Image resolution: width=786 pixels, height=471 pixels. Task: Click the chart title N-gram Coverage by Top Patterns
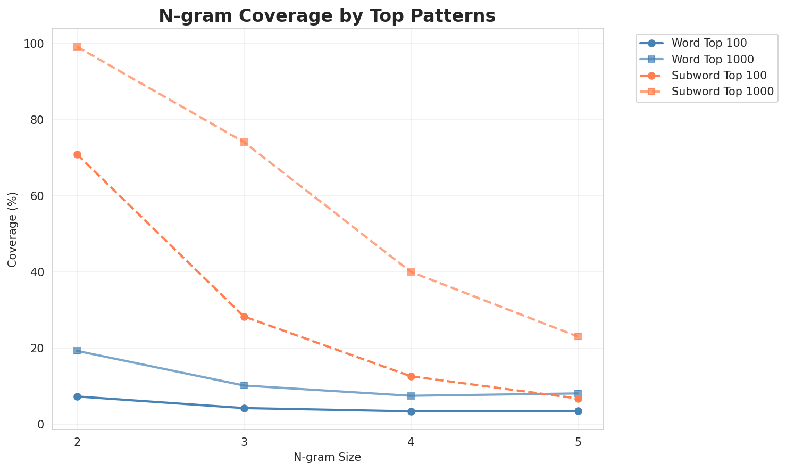click(x=327, y=16)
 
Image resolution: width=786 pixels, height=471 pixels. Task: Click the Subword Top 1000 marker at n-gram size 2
click(x=77, y=47)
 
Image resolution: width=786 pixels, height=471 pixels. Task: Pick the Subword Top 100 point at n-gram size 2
click(x=77, y=154)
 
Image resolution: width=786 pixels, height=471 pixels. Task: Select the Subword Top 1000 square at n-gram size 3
click(x=244, y=142)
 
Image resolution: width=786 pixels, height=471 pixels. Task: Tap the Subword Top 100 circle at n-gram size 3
click(x=244, y=317)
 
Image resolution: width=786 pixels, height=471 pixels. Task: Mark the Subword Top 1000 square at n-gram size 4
click(x=411, y=272)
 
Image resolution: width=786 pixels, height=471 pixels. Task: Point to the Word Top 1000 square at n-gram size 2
click(x=77, y=351)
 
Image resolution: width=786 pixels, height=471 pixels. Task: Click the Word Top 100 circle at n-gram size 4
click(x=411, y=411)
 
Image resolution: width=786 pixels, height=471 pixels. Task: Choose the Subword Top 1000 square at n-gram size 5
click(x=578, y=336)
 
